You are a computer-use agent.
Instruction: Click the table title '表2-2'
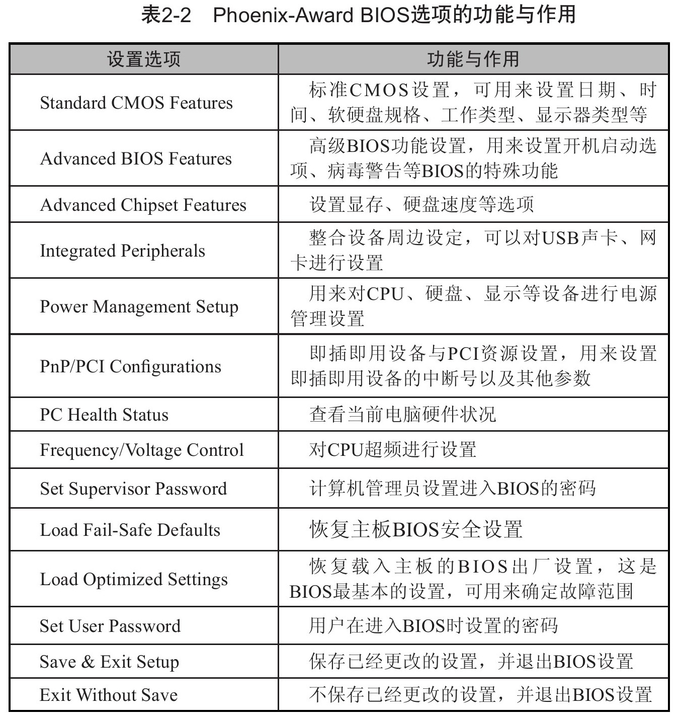(x=165, y=15)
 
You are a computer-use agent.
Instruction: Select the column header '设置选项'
(x=143, y=59)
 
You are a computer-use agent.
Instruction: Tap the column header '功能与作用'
(x=473, y=59)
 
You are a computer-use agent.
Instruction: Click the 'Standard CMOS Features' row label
(x=136, y=103)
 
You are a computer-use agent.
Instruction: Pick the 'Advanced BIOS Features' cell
(x=136, y=158)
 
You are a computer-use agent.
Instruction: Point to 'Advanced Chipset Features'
(x=143, y=205)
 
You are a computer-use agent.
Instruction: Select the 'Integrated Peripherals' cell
(x=122, y=251)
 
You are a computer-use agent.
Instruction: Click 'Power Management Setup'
(x=139, y=306)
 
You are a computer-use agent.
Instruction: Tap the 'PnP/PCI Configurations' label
(x=130, y=366)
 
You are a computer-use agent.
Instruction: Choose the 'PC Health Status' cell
(x=104, y=415)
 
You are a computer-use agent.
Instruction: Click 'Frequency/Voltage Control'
(x=142, y=450)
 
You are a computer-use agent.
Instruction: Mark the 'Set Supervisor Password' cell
(x=133, y=489)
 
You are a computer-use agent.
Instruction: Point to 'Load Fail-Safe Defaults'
(x=130, y=530)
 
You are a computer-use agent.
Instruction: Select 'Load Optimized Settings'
(x=134, y=579)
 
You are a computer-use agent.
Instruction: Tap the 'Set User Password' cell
(x=110, y=626)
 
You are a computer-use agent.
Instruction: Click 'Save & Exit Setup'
(x=109, y=662)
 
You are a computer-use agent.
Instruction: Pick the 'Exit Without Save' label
(x=109, y=695)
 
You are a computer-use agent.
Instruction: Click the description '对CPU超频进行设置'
(x=393, y=449)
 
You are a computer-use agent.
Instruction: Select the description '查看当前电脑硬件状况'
(x=402, y=414)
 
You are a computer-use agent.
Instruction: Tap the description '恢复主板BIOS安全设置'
(x=416, y=529)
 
